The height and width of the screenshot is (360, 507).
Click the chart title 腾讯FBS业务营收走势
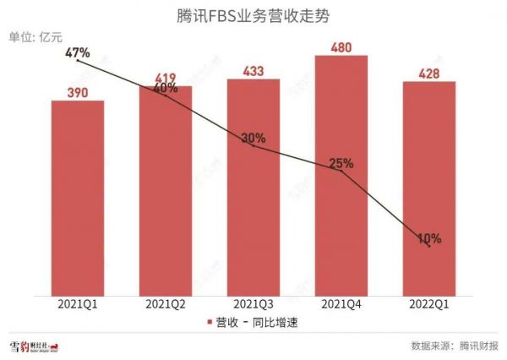(253, 14)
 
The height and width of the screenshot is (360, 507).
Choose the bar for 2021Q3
(253, 186)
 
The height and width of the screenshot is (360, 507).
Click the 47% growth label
(78, 52)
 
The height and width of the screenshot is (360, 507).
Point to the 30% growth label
(253, 138)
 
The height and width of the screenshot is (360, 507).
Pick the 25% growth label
(341, 163)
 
